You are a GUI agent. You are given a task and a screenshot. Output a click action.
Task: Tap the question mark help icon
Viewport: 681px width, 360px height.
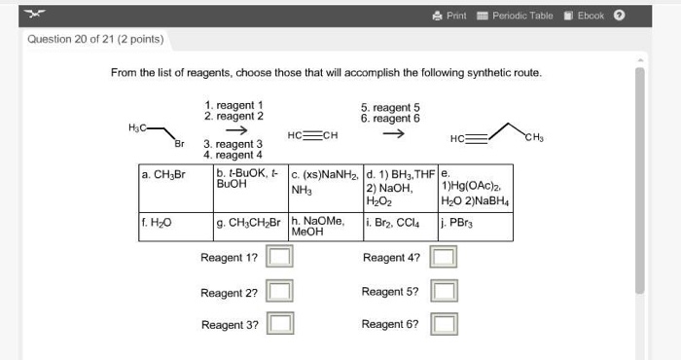coord(620,16)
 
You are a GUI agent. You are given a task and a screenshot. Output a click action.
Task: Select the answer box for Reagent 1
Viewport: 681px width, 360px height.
coord(280,258)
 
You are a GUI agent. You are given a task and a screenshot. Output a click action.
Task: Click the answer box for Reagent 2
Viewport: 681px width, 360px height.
coord(280,292)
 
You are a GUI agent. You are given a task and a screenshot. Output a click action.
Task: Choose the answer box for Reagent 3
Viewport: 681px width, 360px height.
coord(280,324)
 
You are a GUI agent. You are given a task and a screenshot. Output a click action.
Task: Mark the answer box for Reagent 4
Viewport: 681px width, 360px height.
coord(443,258)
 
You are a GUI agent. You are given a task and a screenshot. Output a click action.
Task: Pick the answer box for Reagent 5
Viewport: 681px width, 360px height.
coord(443,292)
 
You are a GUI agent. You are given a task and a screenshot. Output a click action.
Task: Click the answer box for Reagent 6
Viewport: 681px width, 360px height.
coord(443,324)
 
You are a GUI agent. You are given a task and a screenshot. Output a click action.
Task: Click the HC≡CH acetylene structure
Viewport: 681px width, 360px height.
coord(312,135)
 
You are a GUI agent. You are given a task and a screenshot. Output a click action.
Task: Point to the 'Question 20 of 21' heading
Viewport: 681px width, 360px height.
coord(95,40)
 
